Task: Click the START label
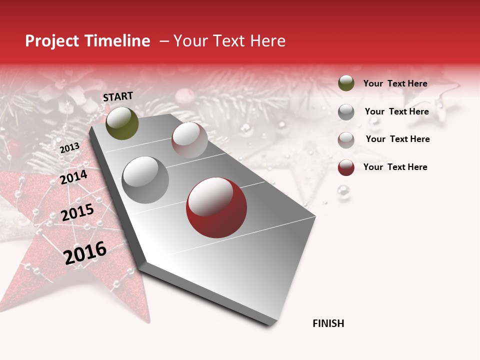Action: click(118, 96)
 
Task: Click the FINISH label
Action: click(328, 323)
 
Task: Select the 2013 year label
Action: click(69, 147)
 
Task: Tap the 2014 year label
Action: click(73, 177)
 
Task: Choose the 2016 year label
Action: click(85, 253)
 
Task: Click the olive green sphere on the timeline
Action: click(122, 123)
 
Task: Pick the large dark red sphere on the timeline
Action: click(216, 207)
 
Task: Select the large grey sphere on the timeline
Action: click(145, 179)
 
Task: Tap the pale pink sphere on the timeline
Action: click(189, 140)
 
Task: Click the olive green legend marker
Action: click(346, 83)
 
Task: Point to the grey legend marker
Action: click(346, 111)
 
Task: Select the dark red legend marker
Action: click(346, 167)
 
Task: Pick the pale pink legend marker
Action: click(346, 140)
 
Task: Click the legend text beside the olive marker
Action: click(395, 83)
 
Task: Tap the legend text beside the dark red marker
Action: click(395, 167)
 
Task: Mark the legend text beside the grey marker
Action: click(396, 111)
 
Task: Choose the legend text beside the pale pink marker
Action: click(397, 139)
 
